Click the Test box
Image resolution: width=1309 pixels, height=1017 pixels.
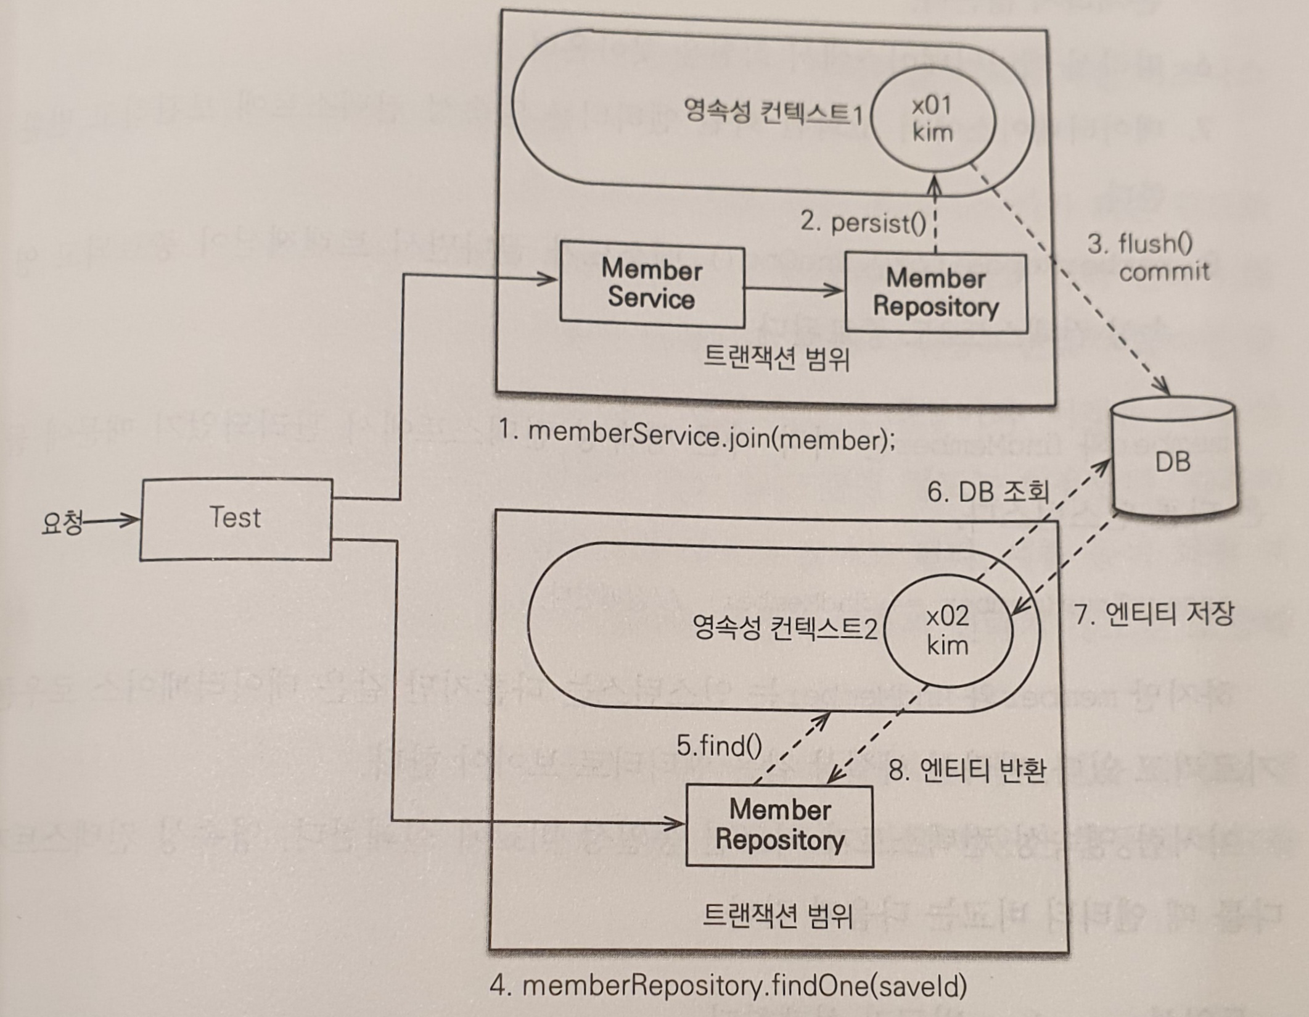pyautogui.click(x=236, y=519)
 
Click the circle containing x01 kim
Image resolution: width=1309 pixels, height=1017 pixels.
pyautogui.click(x=933, y=120)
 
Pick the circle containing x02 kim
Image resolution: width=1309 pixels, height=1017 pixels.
pyautogui.click(x=948, y=631)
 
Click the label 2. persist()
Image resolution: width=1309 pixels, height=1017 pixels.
pyautogui.click(x=863, y=223)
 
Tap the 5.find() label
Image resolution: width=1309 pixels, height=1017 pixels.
pyautogui.click(x=719, y=746)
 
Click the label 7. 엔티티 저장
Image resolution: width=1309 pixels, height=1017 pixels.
pyautogui.click(x=1154, y=614)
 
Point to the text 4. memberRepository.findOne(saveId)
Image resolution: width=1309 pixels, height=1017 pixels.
pyautogui.click(x=728, y=986)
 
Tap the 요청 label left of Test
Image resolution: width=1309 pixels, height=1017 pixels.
pyautogui.click(x=61, y=524)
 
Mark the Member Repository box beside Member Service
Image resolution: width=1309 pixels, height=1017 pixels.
pyautogui.click(x=935, y=293)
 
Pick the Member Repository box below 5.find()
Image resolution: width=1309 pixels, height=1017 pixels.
pyautogui.click(x=779, y=825)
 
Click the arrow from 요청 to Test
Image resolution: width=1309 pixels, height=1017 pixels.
pyautogui.click(x=111, y=521)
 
